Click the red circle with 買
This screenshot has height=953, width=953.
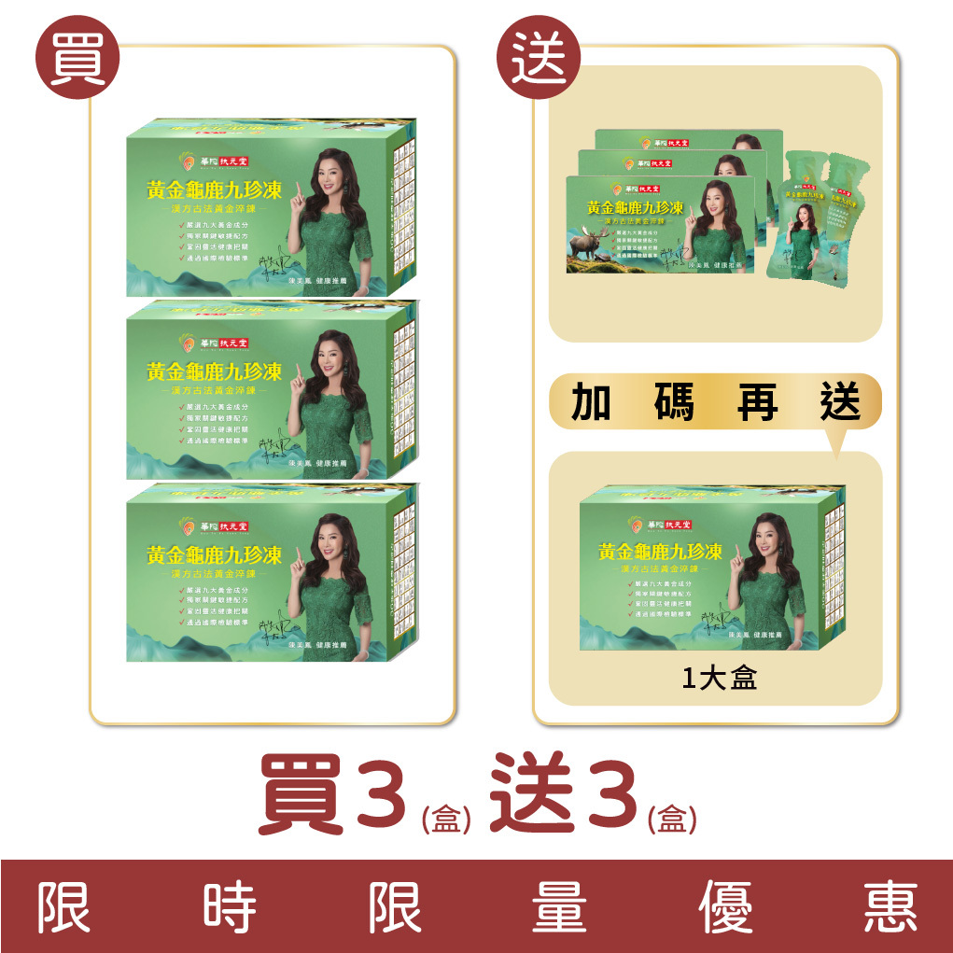[77, 62]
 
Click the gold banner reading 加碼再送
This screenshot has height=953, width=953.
[715, 402]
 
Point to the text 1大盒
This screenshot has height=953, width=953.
[719, 679]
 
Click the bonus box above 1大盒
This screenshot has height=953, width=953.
[714, 569]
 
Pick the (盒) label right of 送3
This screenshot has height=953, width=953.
[672, 820]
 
